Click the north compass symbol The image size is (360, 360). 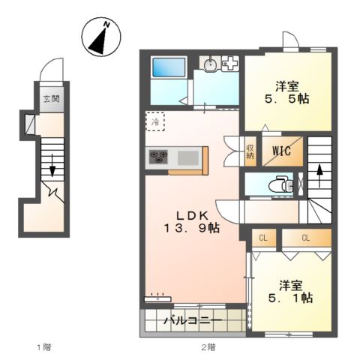pyautogui.click(x=101, y=37)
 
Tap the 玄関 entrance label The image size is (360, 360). pyautogui.click(x=52, y=99)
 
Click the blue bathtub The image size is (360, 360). pyautogui.click(x=169, y=67)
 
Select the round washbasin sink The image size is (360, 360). pyautogui.click(x=210, y=65)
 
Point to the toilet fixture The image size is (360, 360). pyautogui.click(x=280, y=184)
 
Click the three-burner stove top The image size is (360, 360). pyautogui.click(x=158, y=157)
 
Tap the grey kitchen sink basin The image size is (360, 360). pyautogui.click(x=188, y=157)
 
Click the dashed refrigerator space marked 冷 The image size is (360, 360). pyautogui.click(x=155, y=121)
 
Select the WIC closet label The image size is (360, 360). pyautogui.click(x=281, y=151)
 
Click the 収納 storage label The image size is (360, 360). pyautogui.click(x=250, y=151)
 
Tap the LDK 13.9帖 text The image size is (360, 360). pyautogui.click(x=192, y=221)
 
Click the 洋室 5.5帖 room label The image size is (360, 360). pyautogui.click(x=287, y=93)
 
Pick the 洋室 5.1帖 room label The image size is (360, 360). pyautogui.click(x=290, y=292)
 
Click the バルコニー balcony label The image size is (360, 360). pyautogui.click(x=193, y=320)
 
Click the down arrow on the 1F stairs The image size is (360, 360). pyautogui.click(x=52, y=165)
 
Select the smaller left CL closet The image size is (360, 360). pyautogui.click(x=264, y=238)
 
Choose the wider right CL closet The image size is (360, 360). pyautogui.click(x=307, y=238)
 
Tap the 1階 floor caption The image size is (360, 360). pyautogui.click(x=44, y=347)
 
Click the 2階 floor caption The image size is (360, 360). pyautogui.click(x=208, y=347)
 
